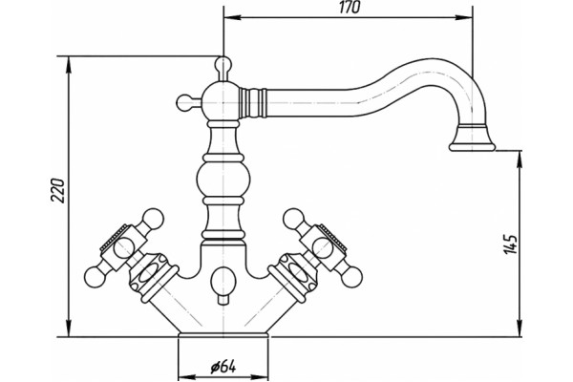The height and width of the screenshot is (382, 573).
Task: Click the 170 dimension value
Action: pos(350,8)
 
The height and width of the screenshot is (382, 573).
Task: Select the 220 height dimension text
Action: pos(57,190)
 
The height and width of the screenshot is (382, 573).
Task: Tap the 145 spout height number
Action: pos(511,244)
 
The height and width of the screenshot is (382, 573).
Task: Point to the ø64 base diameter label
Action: pos(223,367)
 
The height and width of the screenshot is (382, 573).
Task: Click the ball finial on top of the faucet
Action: pos(223,64)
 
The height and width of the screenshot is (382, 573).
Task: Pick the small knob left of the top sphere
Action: pos(184,103)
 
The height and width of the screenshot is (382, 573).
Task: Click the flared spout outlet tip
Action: pos(472,139)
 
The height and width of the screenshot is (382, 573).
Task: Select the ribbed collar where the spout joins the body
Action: pos(252,103)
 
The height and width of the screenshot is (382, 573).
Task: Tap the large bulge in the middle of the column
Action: pos(223,180)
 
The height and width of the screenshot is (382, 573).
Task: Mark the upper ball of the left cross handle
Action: pos(153,219)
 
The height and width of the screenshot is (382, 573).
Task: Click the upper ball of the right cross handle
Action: pos(294,219)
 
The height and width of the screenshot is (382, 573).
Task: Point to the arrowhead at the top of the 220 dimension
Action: pos(69,65)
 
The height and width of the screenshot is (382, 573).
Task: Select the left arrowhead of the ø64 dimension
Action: pos(187,377)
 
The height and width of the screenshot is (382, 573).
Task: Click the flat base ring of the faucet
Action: pos(223,335)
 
